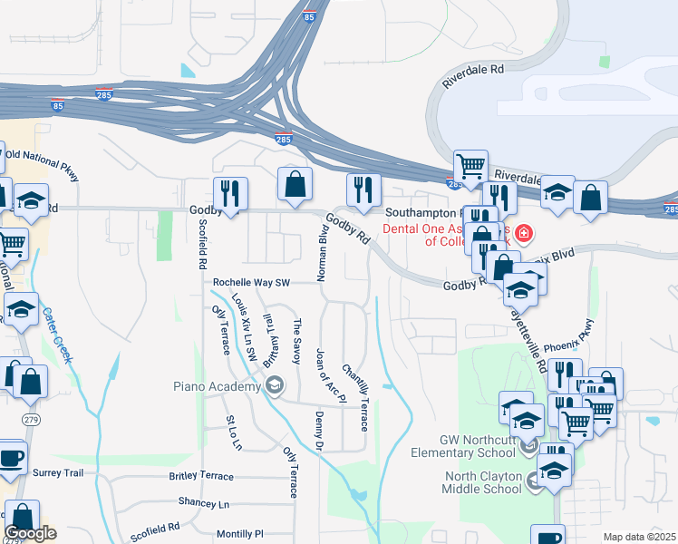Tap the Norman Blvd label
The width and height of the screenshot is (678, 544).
point(321,253)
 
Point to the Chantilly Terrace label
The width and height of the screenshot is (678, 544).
point(354,397)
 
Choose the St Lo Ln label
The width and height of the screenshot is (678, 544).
point(234,433)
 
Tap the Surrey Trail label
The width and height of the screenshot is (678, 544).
point(58,472)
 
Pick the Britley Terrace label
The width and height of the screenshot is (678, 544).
point(200,476)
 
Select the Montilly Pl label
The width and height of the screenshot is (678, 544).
point(239,535)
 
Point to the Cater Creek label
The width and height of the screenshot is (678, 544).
point(55,335)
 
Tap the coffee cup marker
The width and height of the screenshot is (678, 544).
point(11,458)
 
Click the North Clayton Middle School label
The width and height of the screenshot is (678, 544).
point(482,482)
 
